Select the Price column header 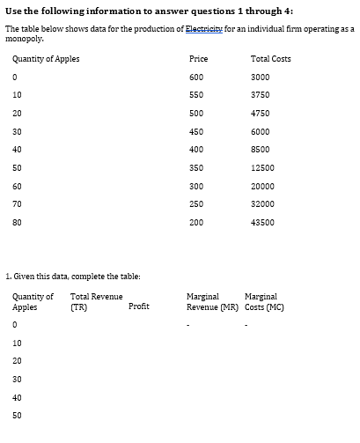click(198, 59)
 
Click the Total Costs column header click(270, 59)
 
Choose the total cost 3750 click(260, 95)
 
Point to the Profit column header click(138, 306)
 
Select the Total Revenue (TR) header click(96, 302)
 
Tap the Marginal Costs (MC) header click(261, 302)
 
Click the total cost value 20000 click(261, 186)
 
